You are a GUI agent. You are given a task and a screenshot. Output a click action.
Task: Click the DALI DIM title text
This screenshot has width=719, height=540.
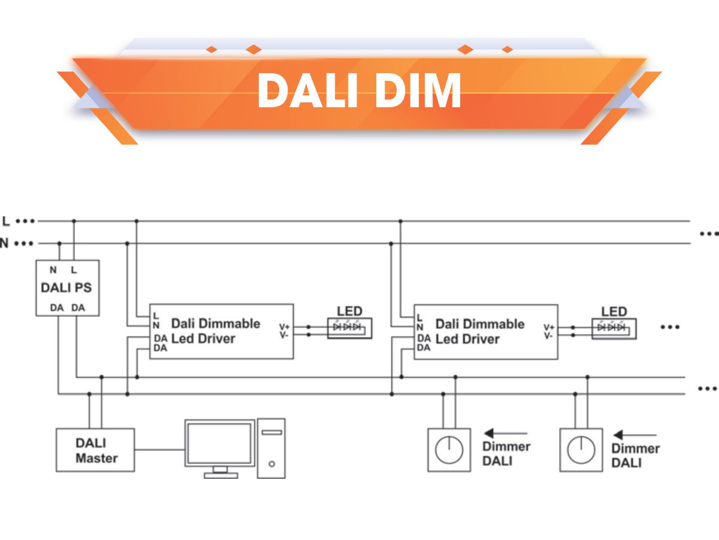(359, 91)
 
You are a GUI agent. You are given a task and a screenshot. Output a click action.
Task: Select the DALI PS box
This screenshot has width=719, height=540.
(67, 288)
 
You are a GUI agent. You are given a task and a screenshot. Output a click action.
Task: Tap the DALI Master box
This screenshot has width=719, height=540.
(95, 450)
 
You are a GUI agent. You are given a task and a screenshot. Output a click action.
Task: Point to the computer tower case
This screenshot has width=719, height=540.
(271, 448)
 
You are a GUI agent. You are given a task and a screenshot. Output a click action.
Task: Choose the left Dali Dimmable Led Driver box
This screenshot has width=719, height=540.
(221, 331)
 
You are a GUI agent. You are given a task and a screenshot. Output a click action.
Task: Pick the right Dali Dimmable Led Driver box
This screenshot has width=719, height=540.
(485, 331)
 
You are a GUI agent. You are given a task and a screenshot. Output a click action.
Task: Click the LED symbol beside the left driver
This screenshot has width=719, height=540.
(349, 328)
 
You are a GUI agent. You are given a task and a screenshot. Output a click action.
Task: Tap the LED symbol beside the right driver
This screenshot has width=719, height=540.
(614, 328)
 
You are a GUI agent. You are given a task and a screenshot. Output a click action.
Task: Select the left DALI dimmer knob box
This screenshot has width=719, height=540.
(449, 450)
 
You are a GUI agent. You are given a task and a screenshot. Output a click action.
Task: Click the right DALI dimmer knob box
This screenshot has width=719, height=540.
(581, 450)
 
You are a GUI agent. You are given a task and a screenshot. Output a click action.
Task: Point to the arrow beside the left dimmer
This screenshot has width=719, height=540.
(506, 433)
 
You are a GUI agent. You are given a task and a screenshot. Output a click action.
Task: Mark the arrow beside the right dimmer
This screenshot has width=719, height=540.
(635, 435)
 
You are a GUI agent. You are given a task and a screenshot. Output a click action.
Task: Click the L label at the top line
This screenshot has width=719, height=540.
(6, 221)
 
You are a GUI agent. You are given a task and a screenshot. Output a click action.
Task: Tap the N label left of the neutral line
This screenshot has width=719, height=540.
(5, 244)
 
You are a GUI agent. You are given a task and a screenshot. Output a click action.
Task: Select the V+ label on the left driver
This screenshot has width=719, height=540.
(284, 327)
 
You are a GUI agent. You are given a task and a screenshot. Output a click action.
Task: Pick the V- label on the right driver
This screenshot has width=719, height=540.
(548, 336)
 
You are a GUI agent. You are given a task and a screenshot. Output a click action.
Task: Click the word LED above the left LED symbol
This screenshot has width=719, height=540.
(349, 311)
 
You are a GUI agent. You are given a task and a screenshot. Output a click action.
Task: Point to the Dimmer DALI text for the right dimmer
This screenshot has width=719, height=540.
(635, 455)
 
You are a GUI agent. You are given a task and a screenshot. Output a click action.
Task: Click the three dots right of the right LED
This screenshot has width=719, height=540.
(670, 327)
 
